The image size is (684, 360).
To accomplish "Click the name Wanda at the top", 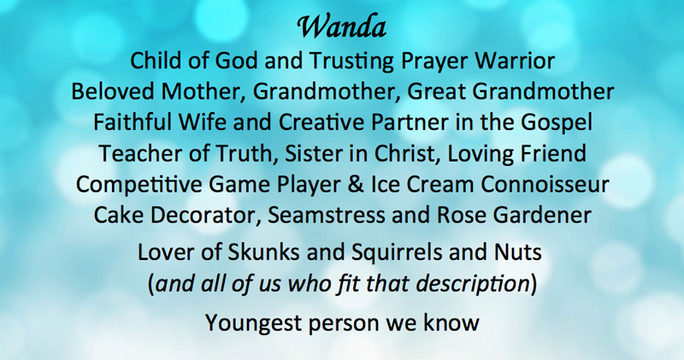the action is click(x=341, y=27).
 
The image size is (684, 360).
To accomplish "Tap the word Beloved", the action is click(x=113, y=91).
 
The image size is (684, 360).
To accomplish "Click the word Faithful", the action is click(x=133, y=122).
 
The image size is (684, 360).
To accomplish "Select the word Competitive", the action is click(x=139, y=186).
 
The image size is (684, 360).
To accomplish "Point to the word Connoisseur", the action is click(x=545, y=185).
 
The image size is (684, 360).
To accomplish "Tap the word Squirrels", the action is click(x=397, y=253).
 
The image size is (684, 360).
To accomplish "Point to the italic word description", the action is click(x=473, y=285).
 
